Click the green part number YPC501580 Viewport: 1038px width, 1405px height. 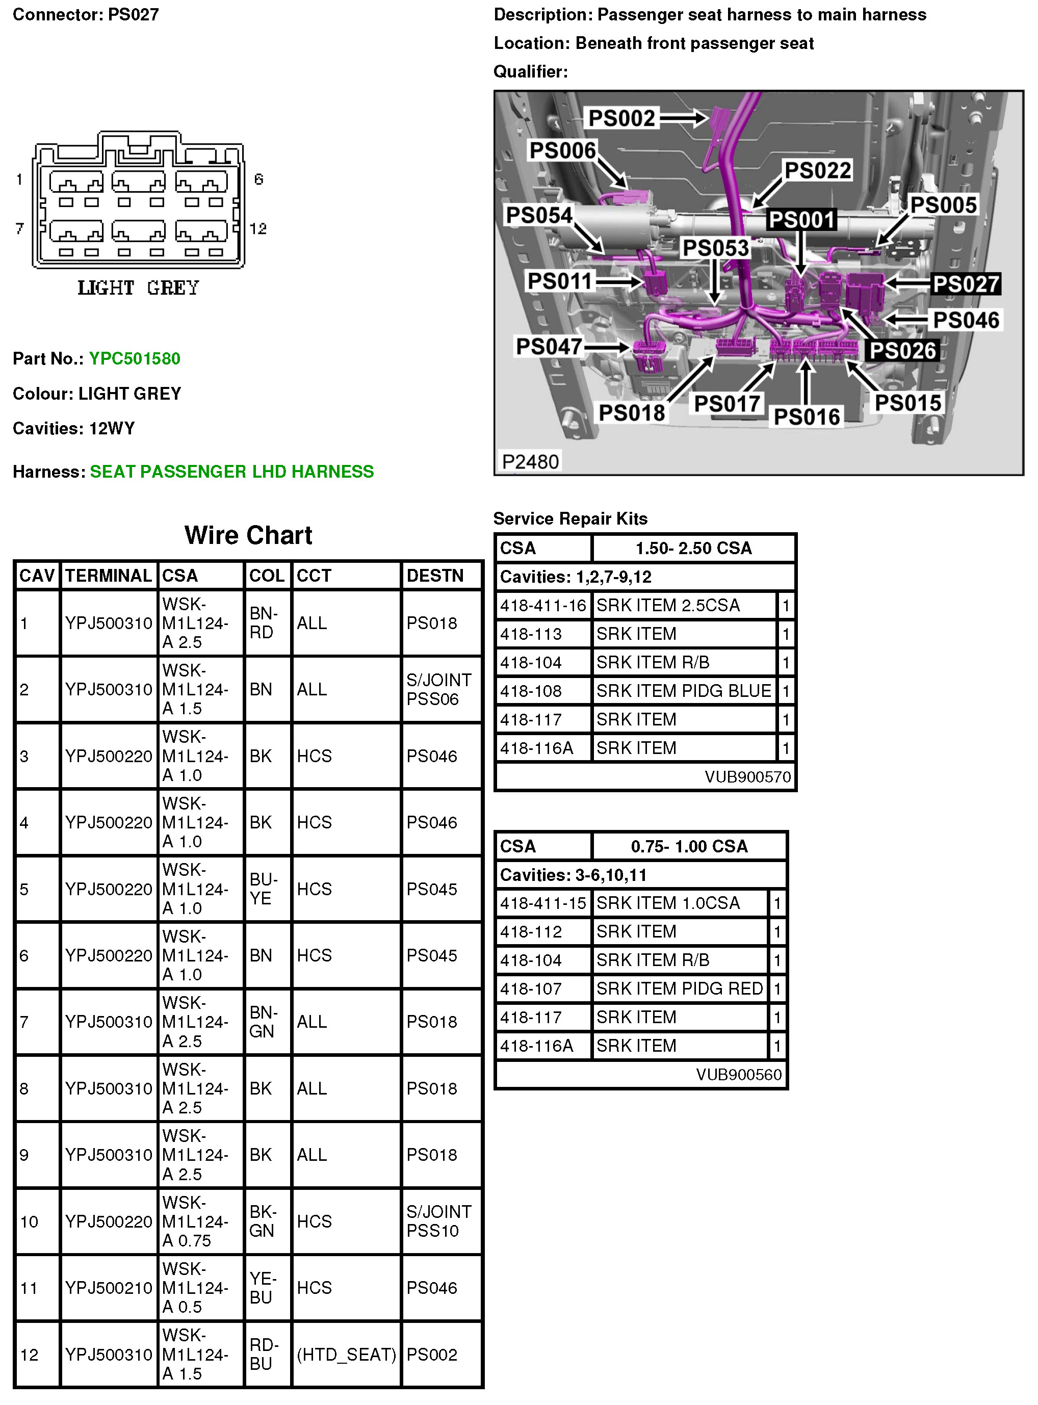tap(135, 359)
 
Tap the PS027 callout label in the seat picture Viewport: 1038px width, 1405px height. tap(966, 284)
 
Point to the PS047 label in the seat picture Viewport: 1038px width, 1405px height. tap(549, 346)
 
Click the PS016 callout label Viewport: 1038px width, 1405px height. tap(806, 417)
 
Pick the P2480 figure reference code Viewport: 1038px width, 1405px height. tap(530, 462)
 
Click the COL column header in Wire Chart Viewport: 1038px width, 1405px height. tap(267, 576)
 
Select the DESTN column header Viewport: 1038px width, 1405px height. tap(435, 576)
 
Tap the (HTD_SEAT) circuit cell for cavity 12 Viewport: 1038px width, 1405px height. tap(346, 1354)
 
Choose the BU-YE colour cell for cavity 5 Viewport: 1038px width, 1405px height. tap(261, 889)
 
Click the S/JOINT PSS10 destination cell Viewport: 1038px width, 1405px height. tap(438, 1221)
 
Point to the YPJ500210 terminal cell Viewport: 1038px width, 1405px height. tap(109, 1288)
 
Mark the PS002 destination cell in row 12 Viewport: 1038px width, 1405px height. tap(432, 1354)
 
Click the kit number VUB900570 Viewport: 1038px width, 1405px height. tap(747, 777)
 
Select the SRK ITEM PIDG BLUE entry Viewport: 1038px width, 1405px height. tap(683, 691)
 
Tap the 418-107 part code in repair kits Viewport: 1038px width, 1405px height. tap(530, 989)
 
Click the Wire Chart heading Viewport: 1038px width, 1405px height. tap(248, 535)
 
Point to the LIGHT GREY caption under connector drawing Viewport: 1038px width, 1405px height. tap(138, 288)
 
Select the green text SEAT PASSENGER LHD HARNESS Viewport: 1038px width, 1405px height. tap(232, 472)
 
